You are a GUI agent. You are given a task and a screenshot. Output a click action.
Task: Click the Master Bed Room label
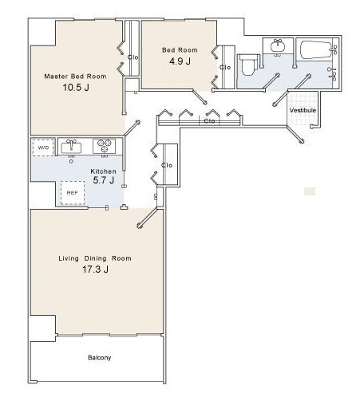click(75, 77)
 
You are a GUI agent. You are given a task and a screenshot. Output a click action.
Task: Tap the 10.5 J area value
click(76, 88)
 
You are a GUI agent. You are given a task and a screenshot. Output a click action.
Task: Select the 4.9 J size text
click(180, 61)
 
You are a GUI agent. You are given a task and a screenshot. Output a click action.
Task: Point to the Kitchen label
click(103, 171)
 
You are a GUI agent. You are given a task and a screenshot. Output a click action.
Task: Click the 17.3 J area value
click(95, 269)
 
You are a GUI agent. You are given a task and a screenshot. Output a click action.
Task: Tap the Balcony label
click(99, 357)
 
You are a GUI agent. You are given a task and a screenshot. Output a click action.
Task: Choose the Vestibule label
click(303, 110)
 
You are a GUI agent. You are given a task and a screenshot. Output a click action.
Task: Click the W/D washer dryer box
click(43, 147)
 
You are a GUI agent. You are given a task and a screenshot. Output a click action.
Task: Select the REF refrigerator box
click(73, 193)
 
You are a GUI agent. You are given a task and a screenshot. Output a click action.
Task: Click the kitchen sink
click(71, 147)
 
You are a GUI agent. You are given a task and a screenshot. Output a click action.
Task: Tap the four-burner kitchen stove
click(104, 146)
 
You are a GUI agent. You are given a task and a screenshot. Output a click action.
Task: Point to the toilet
click(248, 65)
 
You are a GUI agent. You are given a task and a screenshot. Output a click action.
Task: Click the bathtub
click(316, 49)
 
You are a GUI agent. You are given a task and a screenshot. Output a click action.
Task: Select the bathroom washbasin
click(278, 46)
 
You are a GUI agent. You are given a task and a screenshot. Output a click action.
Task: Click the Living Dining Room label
click(95, 258)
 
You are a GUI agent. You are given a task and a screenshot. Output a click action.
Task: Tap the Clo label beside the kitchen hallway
click(167, 165)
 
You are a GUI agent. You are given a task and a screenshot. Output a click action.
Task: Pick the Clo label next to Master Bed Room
click(133, 57)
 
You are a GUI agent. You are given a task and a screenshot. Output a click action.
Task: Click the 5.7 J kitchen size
click(104, 180)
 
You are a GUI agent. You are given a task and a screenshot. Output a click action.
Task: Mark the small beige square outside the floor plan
click(310, 191)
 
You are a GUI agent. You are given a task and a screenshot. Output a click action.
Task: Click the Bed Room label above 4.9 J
click(180, 50)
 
